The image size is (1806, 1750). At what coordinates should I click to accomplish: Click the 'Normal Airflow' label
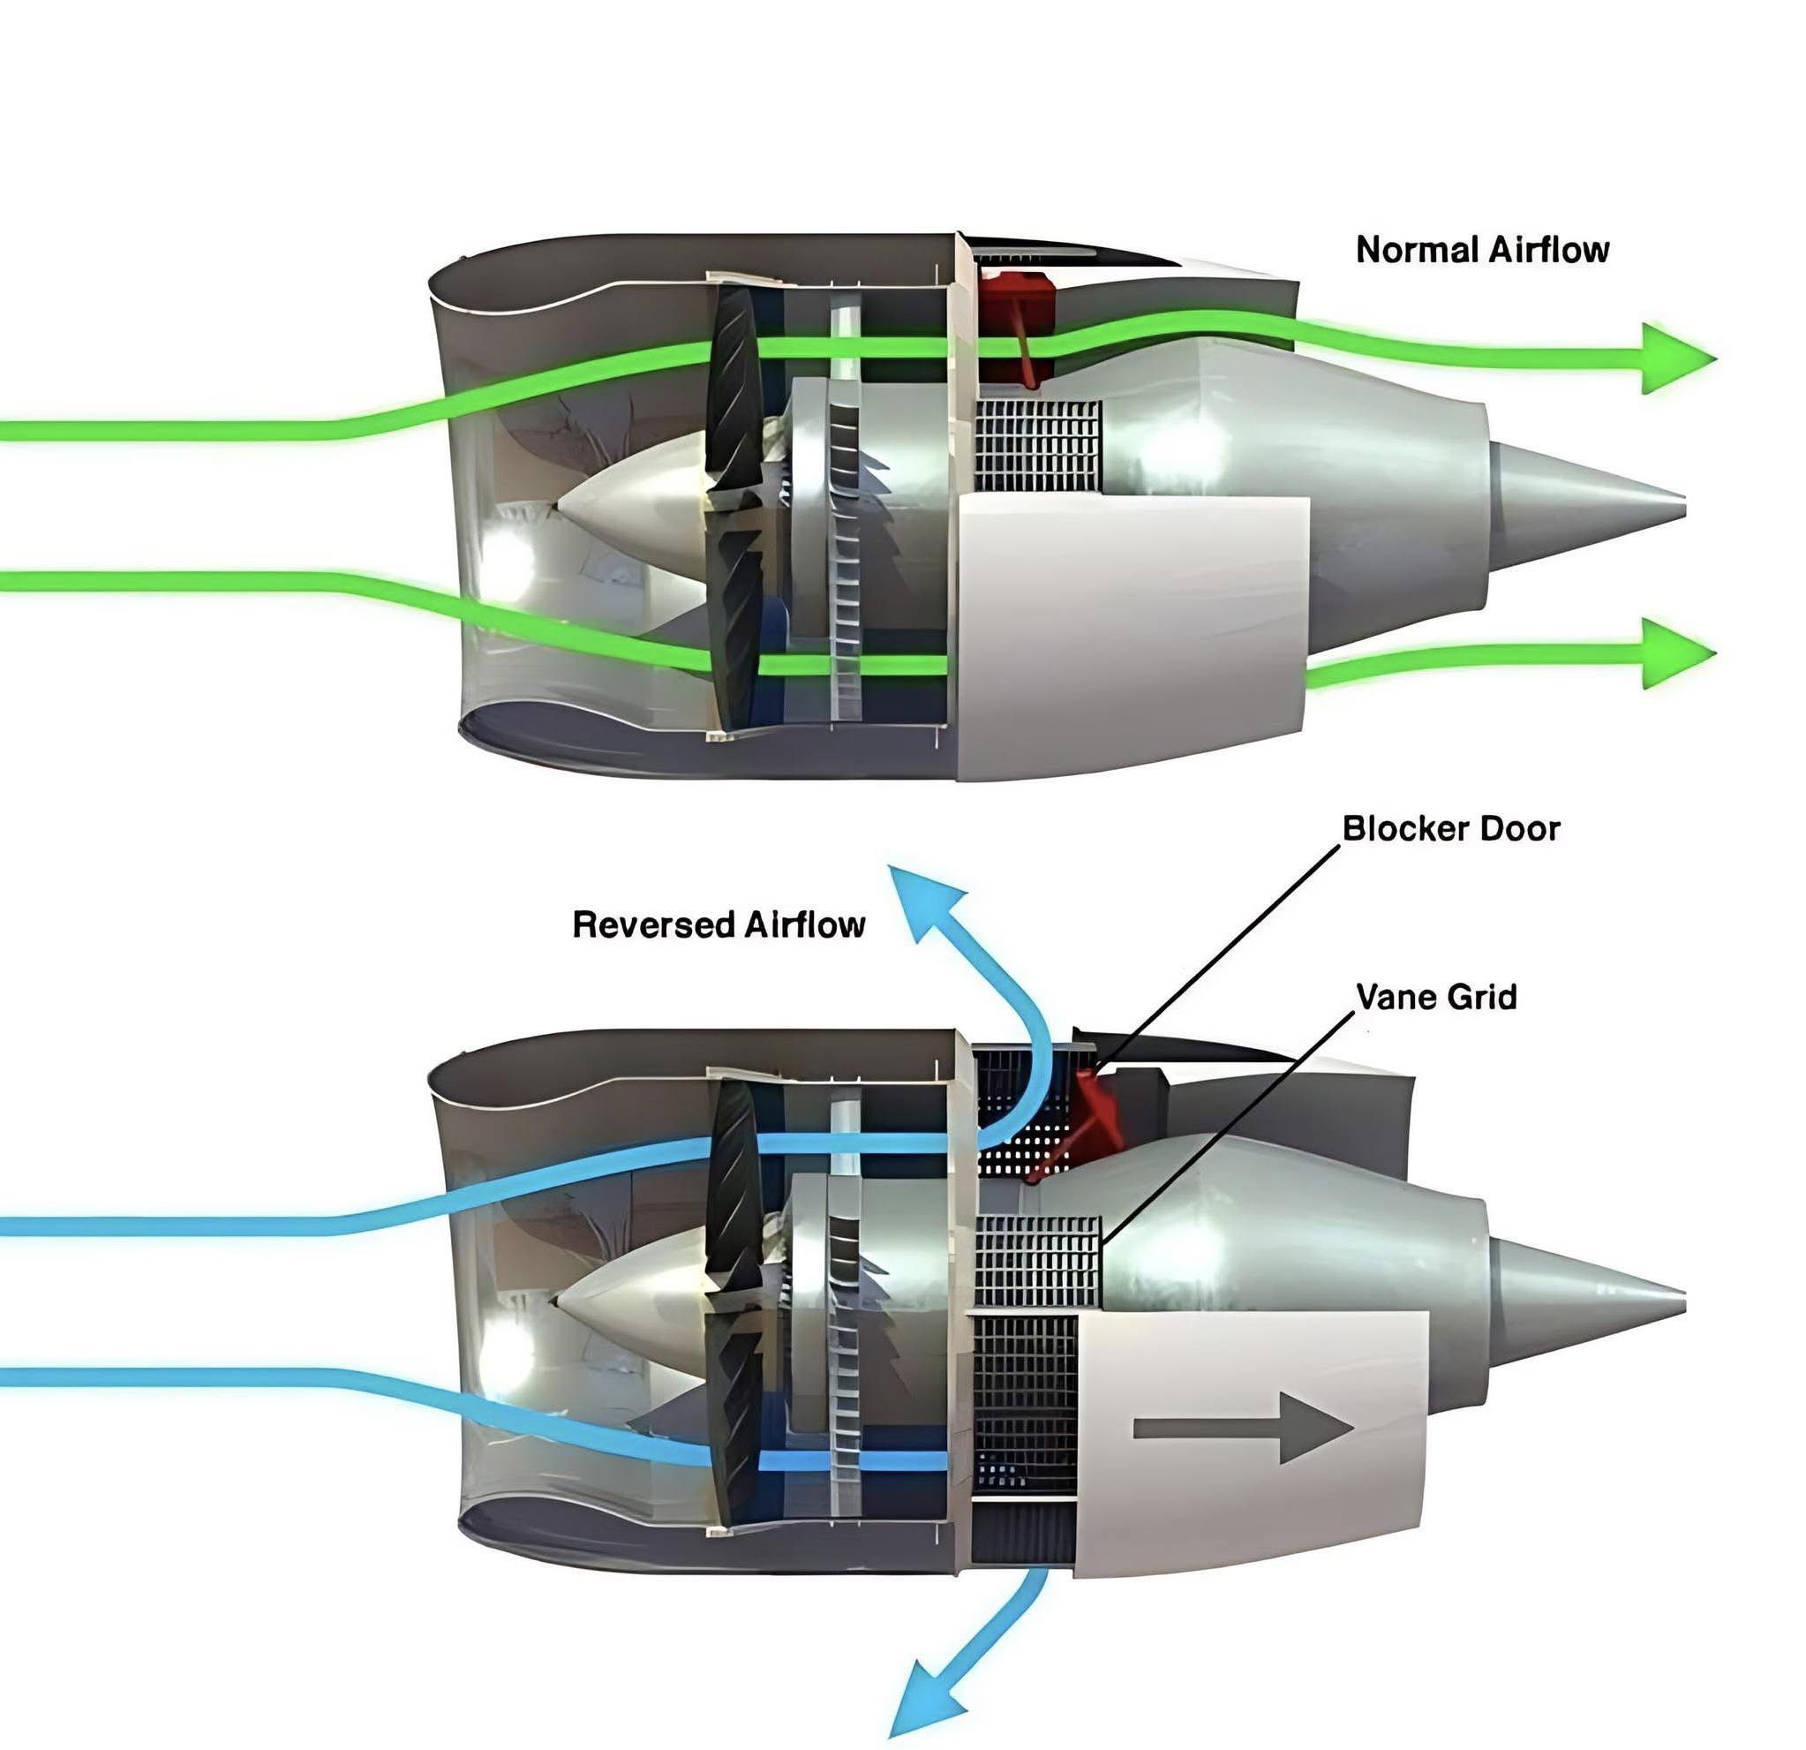pos(1483,250)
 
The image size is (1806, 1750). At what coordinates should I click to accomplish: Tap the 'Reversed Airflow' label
pos(719,924)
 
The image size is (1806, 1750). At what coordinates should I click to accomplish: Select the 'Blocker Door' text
pos(1451,828)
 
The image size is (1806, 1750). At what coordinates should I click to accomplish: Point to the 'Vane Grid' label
pos(1436,997)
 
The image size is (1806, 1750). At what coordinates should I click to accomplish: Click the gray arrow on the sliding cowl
pos(1243,1429)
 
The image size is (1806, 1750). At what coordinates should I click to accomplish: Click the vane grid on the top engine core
pos(1038,446)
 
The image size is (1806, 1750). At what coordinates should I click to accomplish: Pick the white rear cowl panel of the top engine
pos(1133,636)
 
